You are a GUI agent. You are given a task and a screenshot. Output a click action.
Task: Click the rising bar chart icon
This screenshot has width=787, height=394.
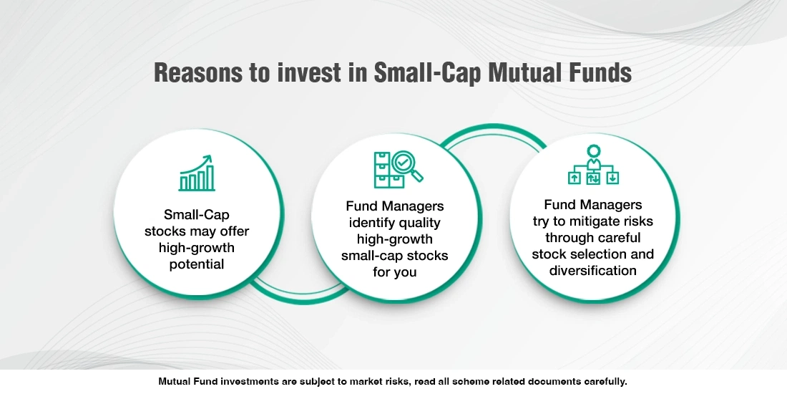point(196,173)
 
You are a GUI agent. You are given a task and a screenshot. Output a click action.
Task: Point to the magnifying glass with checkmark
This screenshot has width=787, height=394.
point(406,166)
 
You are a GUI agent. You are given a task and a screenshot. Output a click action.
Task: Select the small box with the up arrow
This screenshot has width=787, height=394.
point(574,177)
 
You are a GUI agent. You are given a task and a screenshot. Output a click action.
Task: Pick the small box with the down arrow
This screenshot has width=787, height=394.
point(613,177)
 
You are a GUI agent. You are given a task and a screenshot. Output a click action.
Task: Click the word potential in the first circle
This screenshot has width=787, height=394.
point(197,264)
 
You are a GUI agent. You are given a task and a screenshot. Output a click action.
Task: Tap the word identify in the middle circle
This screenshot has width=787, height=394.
point(370,223)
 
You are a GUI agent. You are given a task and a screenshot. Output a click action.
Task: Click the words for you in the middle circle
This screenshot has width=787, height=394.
point(394,273)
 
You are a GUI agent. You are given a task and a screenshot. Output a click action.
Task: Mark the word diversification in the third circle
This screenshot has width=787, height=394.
point(593,270)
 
